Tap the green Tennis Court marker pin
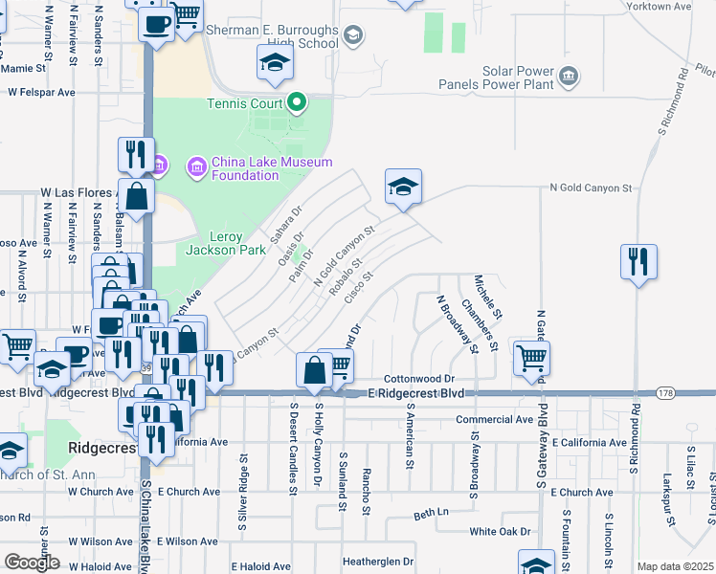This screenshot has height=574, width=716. [x=298, y=101]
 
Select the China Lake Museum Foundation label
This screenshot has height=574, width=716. [x=272, y=167]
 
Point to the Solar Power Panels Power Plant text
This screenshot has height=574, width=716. [x=493, y=77]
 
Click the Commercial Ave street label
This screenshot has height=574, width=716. [x=494, y=419]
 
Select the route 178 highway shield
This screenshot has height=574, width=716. [x=667, y=393]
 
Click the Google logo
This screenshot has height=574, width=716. [x=33, y=563]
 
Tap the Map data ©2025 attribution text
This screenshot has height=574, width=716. [x=675, y=566]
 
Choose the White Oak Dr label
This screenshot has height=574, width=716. [x=499, y=531]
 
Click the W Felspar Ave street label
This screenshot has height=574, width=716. [x=41, y=93]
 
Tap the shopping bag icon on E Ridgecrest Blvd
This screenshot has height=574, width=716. [x=315, y=368]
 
